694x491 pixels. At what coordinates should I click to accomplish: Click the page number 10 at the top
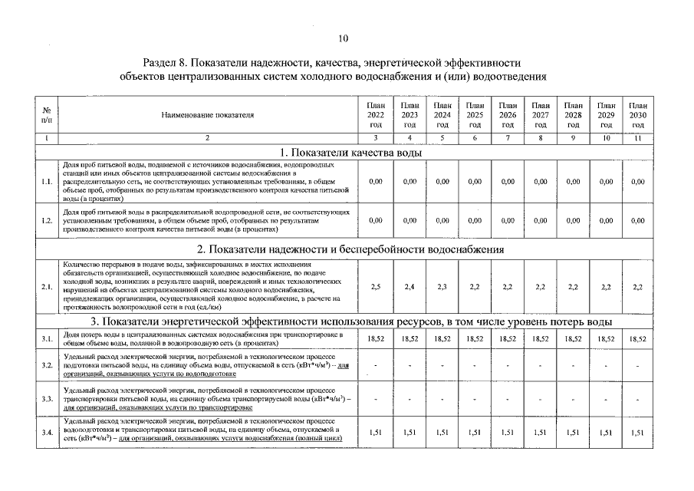pyautogui.click(x=344, y=38)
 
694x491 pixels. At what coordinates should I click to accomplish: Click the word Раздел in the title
pyautogui.click(x=160, y=62)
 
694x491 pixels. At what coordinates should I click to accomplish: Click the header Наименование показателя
pyautogui.click(x=207, y=114)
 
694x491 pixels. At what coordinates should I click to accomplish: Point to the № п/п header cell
pyautogui.click(x=47, y=114)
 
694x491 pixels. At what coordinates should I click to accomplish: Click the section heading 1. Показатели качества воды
pyautogui.click(x=351, y=152)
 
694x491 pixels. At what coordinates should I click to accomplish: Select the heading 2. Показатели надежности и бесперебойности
pyautogui.click(x=350, y=249)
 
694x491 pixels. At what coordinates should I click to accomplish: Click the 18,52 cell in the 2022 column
pyautogui.click(x=376, y=338)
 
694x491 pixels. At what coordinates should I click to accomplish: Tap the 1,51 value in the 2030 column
pyautogui.click(x=637, y=433)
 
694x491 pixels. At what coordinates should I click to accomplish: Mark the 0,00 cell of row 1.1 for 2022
pyautogui.click(x=376, y=182)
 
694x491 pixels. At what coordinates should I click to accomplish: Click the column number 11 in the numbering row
pyautogui.click(x=637, y=138)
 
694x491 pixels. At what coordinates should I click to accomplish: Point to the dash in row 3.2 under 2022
pyautogui.click(x=376, y=366)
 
